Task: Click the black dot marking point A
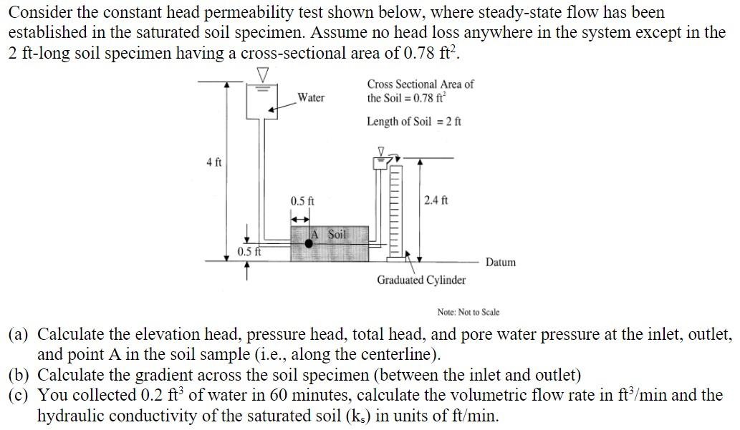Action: [x=309, y=243]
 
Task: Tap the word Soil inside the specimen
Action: [x=337, y=235]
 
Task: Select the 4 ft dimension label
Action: [x=213, y=162]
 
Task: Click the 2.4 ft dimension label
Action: [x=436, y=200]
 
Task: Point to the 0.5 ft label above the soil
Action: [x=302, y=201]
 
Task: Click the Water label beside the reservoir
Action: [x=310, y=97]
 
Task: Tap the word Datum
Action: [x=500, y=263]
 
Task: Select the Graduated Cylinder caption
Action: [x=421, y=280]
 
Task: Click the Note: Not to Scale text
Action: [x=468, y=312]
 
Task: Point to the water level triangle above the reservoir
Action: [x=264, y=75]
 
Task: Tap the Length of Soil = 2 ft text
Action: [x=414, y=122]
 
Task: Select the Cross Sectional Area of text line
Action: [x=421, y=84]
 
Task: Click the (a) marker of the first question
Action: [x=19, y=335]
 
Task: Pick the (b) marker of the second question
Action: [x=19, y=375]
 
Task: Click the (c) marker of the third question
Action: [x=19, y=395]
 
